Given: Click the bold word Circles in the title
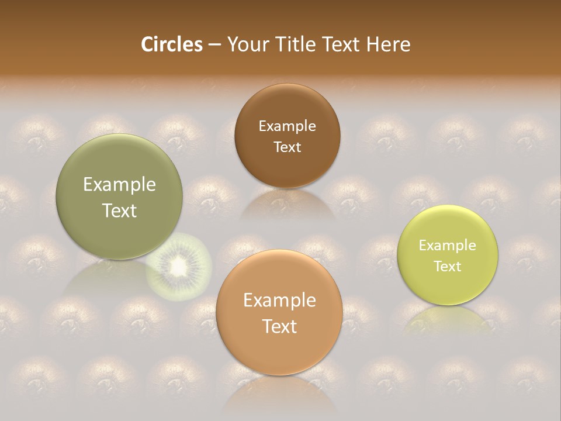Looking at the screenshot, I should (x=172, y=44).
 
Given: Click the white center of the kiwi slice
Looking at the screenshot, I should (x=178, y=267).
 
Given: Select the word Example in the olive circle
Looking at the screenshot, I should (x=119, y=185).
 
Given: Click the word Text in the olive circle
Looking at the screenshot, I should (x=119, y=210).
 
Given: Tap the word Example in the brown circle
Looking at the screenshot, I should (x=287, y=126).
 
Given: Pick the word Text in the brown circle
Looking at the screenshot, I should (x=287, y=147).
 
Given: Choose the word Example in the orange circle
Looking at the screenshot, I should (x=279, y=301).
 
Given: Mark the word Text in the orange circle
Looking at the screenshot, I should (x=279, y=326).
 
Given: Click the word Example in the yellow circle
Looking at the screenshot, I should (x=448, y=246).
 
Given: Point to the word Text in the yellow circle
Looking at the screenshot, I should (x=448, y=267).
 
